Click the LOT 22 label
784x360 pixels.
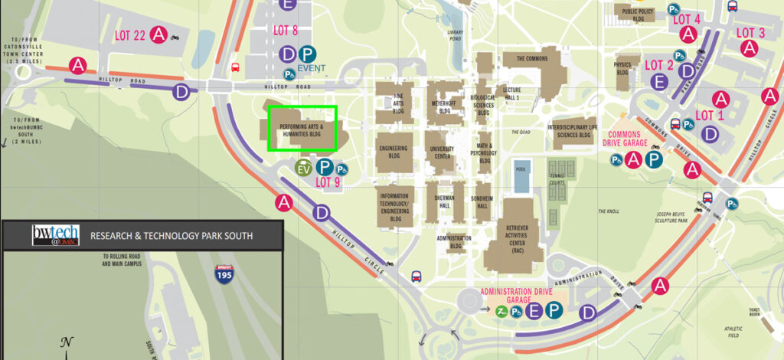[x=129, y=35]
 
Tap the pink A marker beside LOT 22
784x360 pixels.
[x=158, y=34]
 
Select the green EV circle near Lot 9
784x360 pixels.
[x=304, y=169]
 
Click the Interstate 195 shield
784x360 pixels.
[x=224, y=271]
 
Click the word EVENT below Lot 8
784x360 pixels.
[x=312, y=68]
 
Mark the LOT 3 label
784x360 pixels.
[x=750, y=32]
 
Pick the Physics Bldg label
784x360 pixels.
[x=622, y=69]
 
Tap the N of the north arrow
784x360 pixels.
[x=67, y=342]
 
